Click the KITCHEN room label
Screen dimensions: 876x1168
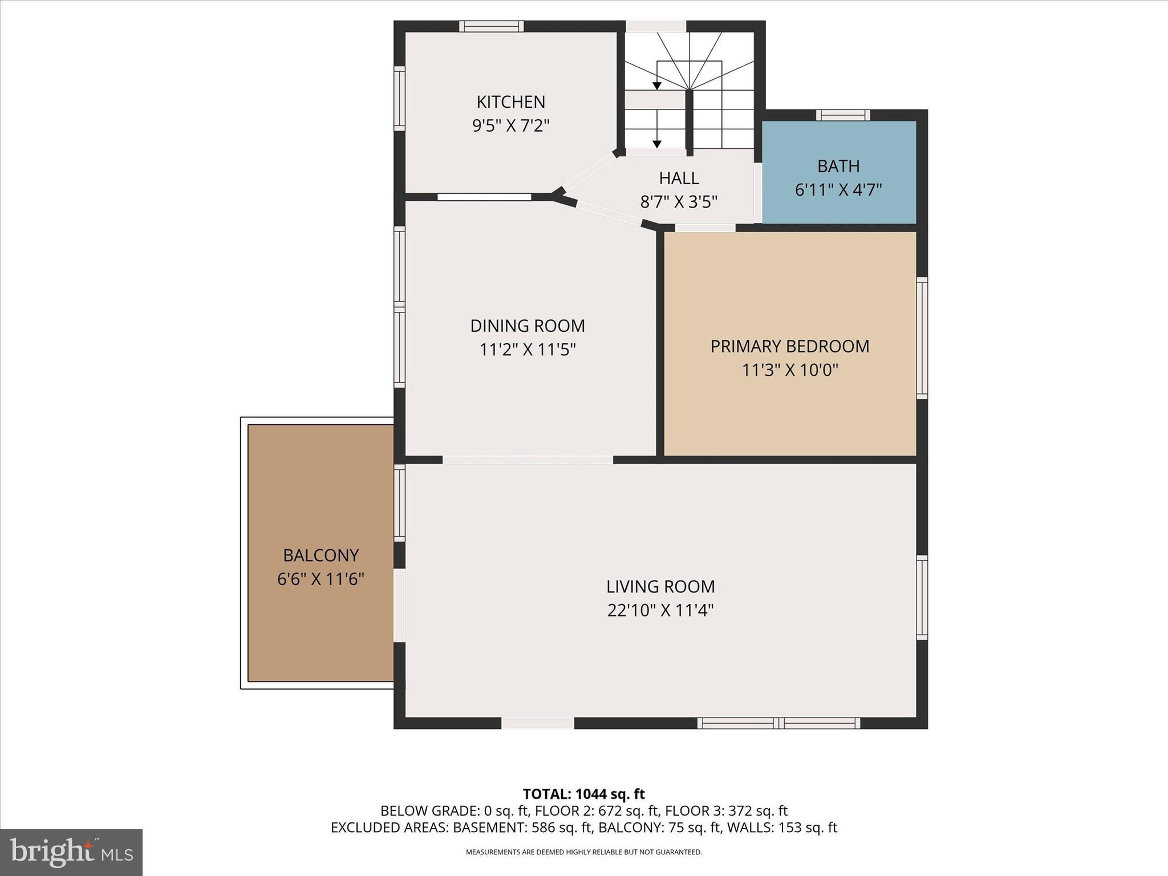pyautogui.click(x=510, y=102)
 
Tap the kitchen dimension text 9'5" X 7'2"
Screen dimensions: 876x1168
pyautogui.click(x=510, y=125)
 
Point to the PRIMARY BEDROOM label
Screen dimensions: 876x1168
pyautogui.click(x=789, y=346)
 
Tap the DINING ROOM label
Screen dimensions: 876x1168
pyautogui.click(x=528, y=326)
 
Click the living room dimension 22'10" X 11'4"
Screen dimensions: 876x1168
pyautogui.click(x=660, y=610)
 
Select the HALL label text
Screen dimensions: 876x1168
pyautogui.click(x=679, y=179)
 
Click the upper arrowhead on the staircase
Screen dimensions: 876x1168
pyautogui.click(x=657, y=86)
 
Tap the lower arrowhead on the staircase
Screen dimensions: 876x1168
pyautogui.click(x=657, y=144)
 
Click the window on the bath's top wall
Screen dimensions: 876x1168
pyautogui.click(x=842, y=115)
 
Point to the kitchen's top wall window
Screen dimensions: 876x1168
pyautogui.click(x=491, y=26)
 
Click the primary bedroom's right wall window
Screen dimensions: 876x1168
pyautogui.click(x=922, y=338)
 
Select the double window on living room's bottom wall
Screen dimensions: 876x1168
pyautogui.click(x=778, y=723)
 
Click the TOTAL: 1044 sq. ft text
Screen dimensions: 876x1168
pyautogui.click(x=583, y=794)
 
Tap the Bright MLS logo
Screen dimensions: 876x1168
pyautogui.click(x=71, y=852)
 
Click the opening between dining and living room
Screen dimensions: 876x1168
pyautogui.click(x=528, y=460)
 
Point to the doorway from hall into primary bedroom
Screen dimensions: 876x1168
pyautogui.click(x=705, y=228)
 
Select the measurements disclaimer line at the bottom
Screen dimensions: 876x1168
pyautogui.click(x=583, y=852)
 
